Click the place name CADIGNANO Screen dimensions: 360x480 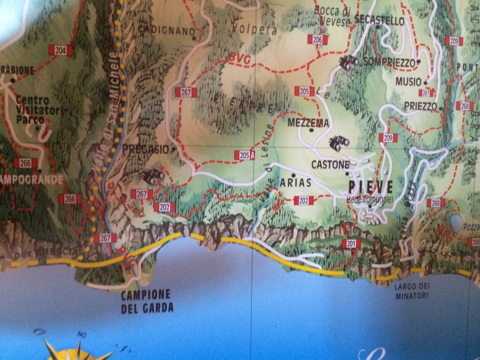[166, 31]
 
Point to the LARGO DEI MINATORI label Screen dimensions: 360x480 [412, 291]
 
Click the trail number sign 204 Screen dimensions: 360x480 [60, 50]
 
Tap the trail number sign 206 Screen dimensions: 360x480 [317, 40]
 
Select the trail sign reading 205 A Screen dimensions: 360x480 [244, 155]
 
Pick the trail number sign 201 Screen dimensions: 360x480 [351, 243]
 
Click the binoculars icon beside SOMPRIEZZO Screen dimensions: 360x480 [348, 62]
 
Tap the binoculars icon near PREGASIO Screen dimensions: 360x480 [153, 177]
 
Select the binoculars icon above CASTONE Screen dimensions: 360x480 [338, 143]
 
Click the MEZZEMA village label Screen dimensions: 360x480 [308, 123]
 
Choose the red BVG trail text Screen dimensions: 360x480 [239, 58]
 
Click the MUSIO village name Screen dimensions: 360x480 [408, 82]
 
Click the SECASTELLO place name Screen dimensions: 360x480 [380, 21]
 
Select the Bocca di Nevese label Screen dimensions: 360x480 [332, 15]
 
